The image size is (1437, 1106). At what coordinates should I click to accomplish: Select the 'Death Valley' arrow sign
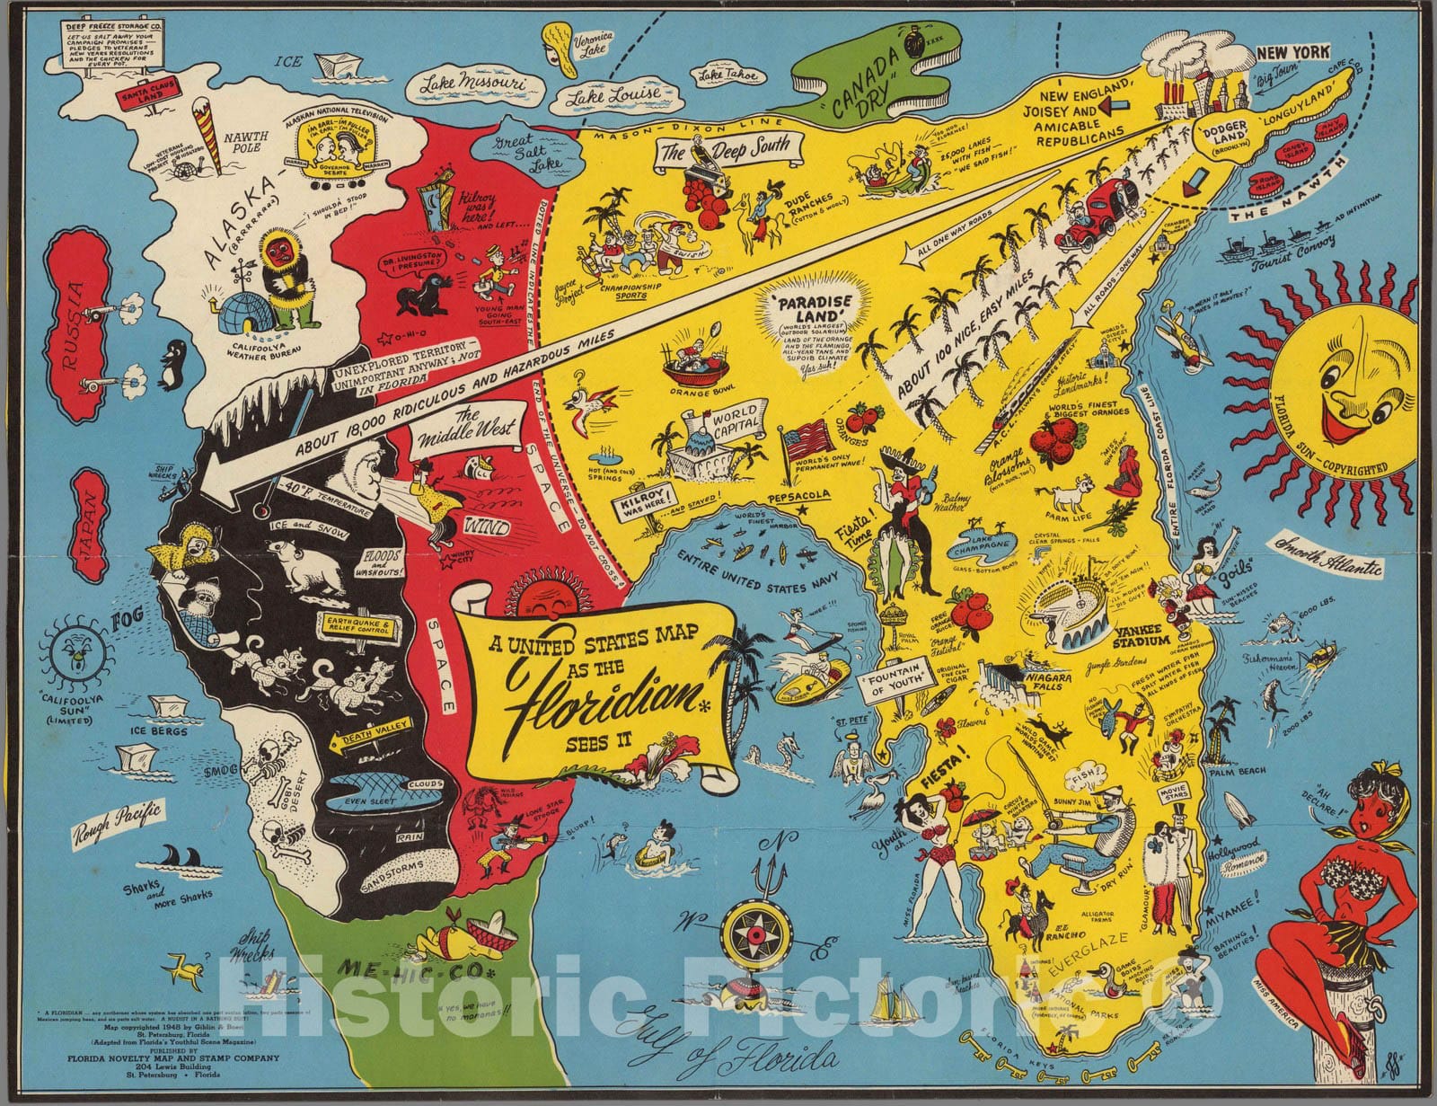click(x=378, y=738)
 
